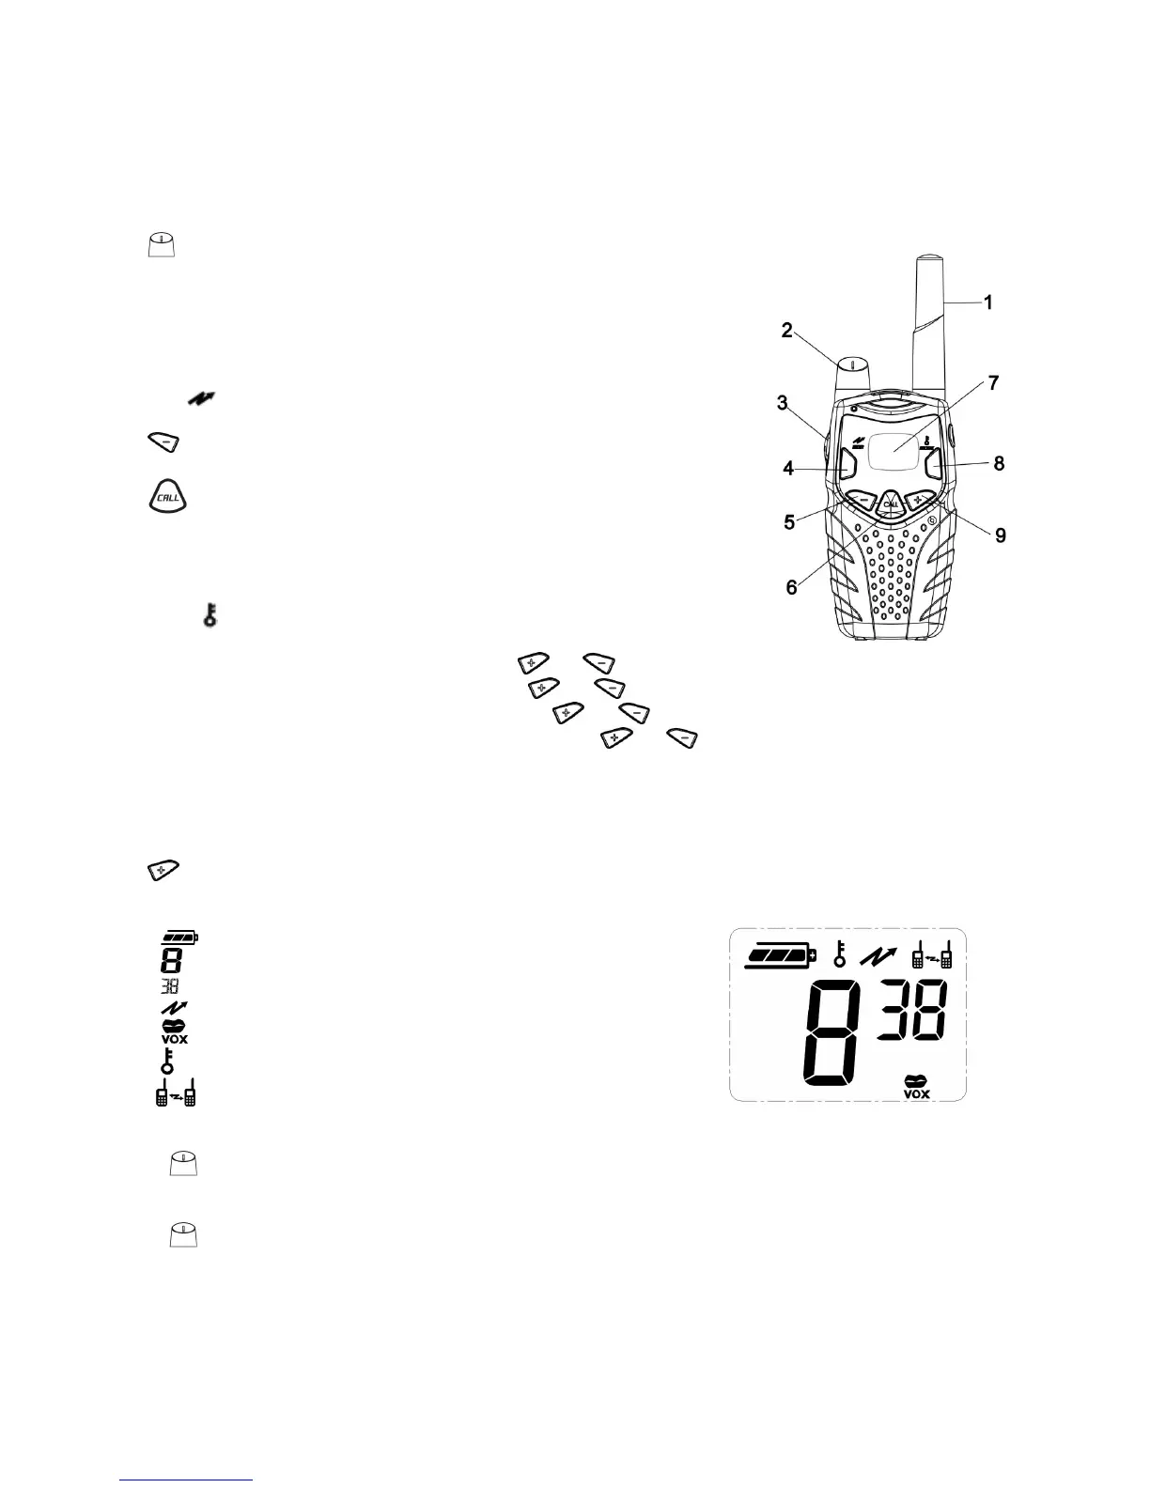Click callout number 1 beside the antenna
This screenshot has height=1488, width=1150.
point(987,302)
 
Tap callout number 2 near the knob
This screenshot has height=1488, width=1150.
point(787,330)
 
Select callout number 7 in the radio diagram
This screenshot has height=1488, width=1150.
point(993,383)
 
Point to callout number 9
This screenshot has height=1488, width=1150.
point(1001,535)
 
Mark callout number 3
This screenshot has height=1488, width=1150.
point(782,403)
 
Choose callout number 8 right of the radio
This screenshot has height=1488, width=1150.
point(999,463)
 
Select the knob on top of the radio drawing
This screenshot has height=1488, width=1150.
point(853,373)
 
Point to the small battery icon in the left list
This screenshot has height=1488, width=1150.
point(179,938)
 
